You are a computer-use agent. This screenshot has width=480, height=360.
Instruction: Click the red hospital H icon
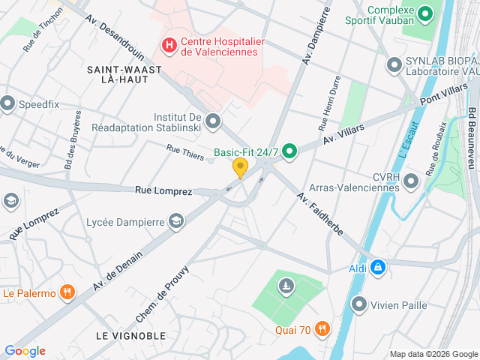(169, 46)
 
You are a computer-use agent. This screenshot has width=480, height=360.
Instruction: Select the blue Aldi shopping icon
(379, 268)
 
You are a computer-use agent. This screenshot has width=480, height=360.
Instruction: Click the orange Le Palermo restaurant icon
(67, 292)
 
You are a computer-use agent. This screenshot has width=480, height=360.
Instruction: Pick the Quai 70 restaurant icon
(322, 328)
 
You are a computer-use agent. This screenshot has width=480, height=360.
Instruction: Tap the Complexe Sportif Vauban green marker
(425, 13)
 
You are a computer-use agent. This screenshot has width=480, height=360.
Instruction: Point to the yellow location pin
(240, 167)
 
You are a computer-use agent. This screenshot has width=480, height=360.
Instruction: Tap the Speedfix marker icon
(7, 103)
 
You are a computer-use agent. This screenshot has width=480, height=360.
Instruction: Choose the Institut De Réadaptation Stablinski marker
(214, 121)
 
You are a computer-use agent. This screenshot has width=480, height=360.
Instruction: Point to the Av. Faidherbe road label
(319, 214)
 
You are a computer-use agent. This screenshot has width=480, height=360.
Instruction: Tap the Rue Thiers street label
(185, 151)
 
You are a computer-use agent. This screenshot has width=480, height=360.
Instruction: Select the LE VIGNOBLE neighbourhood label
(130, 335)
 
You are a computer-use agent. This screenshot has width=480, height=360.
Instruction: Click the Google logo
(25, 351)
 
